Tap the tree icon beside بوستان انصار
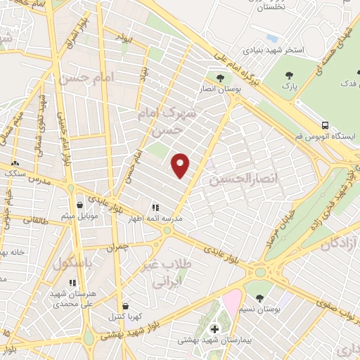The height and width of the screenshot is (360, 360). (220, 78)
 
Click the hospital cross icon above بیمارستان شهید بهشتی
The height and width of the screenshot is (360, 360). (214, 328)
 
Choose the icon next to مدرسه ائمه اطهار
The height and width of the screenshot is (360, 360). (155, 208)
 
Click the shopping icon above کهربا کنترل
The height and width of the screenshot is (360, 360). (125, 307)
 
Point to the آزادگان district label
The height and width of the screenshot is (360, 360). (340, 245)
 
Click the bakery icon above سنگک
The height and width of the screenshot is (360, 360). (15, 163)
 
